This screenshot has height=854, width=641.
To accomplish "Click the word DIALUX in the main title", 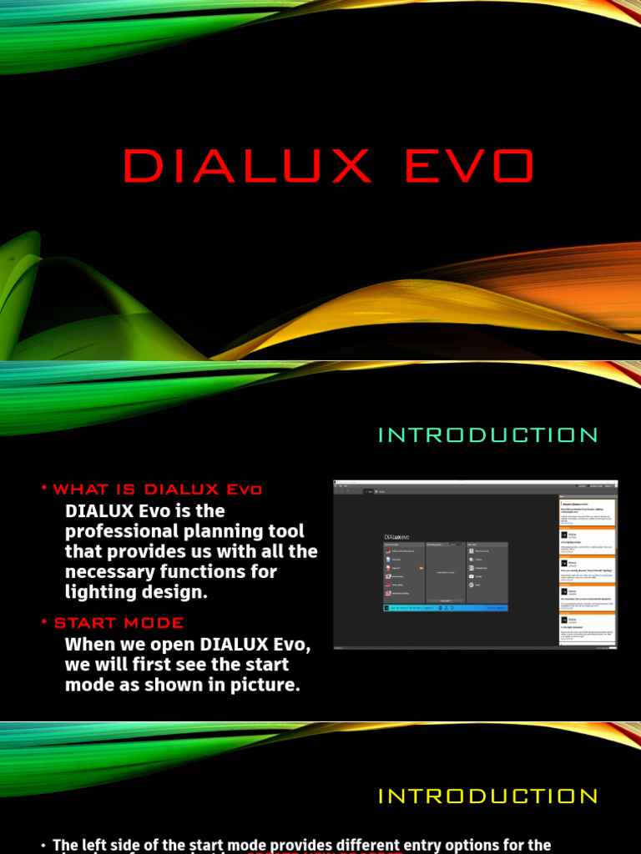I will tap(247, 166).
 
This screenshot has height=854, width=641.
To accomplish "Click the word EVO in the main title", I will tap(469, 166).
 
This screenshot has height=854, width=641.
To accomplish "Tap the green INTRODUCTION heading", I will tap(488, 435).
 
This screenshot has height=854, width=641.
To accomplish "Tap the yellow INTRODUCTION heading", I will tap(488, 796).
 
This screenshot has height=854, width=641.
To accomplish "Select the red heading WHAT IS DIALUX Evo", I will tap(158, 490).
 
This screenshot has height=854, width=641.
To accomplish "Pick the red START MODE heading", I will tap(119, 623).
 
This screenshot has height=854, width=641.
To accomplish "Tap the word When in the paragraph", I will tap(91, 644).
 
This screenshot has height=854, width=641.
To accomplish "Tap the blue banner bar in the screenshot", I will tap(445, 608).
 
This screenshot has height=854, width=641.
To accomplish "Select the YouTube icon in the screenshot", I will tap(471, 576).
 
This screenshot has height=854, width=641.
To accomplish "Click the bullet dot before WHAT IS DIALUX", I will tap(44, 489).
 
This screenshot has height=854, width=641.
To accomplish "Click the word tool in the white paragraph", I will tap(288, 531).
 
